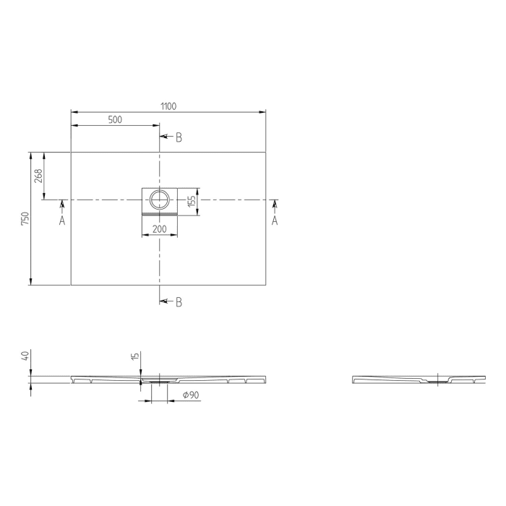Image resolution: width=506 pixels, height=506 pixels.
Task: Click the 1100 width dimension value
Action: [168, 106]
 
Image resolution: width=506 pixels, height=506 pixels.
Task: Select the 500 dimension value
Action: [115, 120]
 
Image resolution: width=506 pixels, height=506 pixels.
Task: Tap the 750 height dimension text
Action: [25, 218]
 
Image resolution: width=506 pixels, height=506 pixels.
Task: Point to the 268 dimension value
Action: [39, 176]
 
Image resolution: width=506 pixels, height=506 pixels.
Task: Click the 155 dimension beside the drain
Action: [192, 202]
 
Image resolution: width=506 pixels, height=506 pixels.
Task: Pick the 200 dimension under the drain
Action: [158, 229]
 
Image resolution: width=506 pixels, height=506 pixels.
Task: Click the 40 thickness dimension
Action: [25, 356]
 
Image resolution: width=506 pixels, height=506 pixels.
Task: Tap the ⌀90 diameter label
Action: [191, 395]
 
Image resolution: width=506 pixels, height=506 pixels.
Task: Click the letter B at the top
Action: [179, 137]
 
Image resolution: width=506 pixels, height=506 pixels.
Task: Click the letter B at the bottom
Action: [179, 302]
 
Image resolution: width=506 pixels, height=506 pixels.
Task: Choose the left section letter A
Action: [62, 220]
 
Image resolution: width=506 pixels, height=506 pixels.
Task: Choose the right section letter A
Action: [275, 220]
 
